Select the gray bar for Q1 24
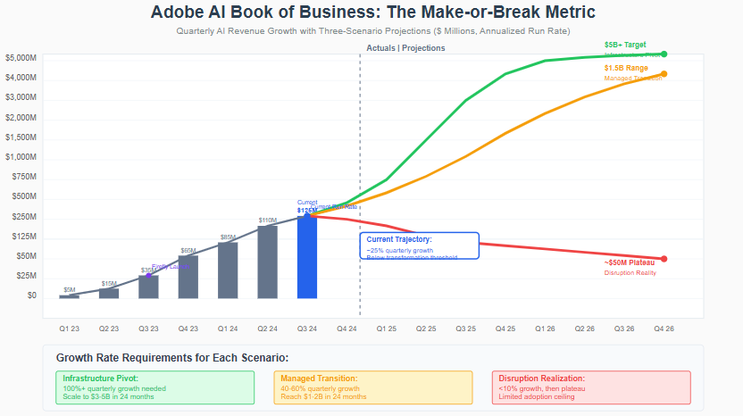point(228,270)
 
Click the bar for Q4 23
point(188,277)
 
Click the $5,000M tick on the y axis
point(21,58)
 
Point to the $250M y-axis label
point(24,217)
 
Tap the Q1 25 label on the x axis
point(386,329)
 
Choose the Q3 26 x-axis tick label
point(623,329)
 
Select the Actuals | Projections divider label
point(405,48)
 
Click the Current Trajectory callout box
point(420,246)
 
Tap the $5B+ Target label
point(625,45)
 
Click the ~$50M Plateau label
point(630,262)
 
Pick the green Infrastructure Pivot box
point(154,387)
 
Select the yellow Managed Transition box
point(371,387)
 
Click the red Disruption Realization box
point(590,387)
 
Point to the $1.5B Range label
point(625,68)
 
